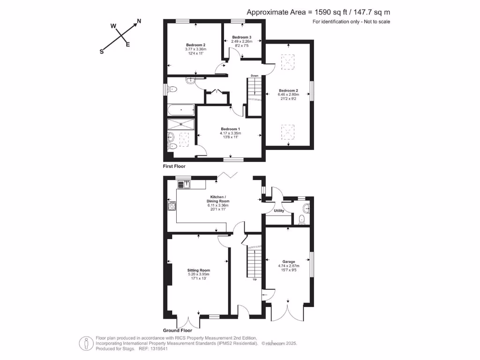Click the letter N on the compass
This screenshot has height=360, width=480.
[x=139, y=21]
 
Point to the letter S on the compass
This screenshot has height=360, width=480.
[x=101, y=52]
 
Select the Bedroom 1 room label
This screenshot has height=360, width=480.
[x=230, y=129]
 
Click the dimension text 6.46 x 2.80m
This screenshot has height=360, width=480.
[x=288, y=94]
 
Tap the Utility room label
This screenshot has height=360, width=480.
[x=279, y=211]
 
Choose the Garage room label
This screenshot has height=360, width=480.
[x=288, y=262]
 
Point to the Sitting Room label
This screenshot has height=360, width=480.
[x=199, y=270]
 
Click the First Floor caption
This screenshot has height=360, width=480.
[x=174, y=166]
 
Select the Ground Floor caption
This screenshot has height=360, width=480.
[x=177, y=330]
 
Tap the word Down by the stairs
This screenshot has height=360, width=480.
[x=255, y=75]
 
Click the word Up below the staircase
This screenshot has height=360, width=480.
[x=255, y=280]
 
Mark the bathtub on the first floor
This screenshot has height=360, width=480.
[x=180, y=111]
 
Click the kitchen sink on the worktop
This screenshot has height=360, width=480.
[x=186, y=184]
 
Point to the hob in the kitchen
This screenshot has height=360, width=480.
[x=172, y=205]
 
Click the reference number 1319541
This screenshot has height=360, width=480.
[x=159, y=349]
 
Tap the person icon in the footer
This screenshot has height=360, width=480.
[x=85, y=343]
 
